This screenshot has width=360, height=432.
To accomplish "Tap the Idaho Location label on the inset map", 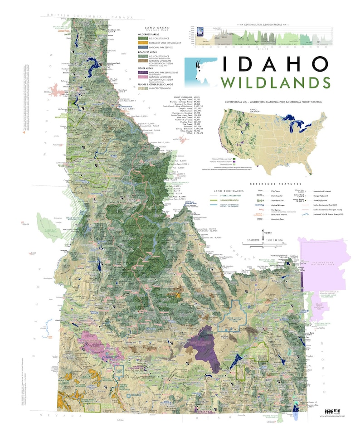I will pos(231,111).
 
